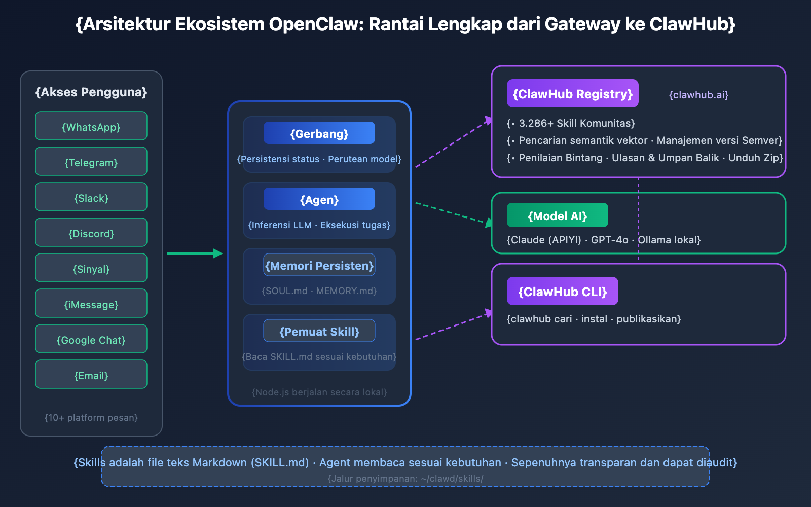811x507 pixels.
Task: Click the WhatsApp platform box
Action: click(x=91, y=126)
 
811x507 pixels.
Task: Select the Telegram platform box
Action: click(x=91, y=162)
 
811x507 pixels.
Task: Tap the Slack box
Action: click(x=91, y=197)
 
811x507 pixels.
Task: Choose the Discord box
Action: click(x=91, y=233)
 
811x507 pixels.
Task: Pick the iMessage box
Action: click(x=91, y=304)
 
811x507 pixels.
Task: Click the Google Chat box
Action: click(x=91, y=339)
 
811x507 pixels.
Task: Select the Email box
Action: click(x=91, y=375)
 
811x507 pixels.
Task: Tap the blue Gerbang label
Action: click(x=319, y=133)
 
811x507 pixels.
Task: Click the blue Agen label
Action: click(x=319, y=199)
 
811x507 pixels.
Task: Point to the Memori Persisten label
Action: click(x=319, y=265)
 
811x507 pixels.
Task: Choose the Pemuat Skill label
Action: click(x=319, y=331)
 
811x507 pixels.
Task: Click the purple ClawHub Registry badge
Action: click(x=572, y=94)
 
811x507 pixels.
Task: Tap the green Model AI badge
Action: click(x=557, y=215)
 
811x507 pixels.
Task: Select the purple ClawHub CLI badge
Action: click(x=562, y=292)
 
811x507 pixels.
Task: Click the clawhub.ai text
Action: click(x=698, y=95)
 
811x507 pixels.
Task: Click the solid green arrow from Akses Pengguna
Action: click(x=195, y=253)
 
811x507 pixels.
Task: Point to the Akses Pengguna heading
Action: click(x=91, y=92)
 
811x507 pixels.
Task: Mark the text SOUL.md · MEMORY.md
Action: click(x=319, y=291)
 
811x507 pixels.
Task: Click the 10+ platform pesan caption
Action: click(x=91, y=418)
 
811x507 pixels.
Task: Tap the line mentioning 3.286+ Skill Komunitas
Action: click(x=571, y=123)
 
